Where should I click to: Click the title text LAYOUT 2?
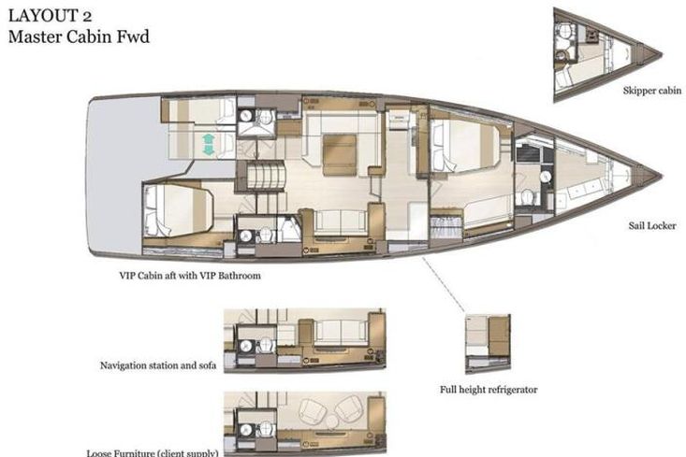pyautogui.click(x=50, y=16)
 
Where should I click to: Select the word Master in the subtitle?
pyautogui.click(x=35, y=36)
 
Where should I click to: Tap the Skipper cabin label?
pyautogui.click(x=652, y=91)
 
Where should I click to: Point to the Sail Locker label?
pyautogui.click(x=652, y=225)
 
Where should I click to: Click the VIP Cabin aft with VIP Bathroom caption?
pyautogui.click(x=190, y=276)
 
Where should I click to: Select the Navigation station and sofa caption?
pyautogui.click(x=158, y=365)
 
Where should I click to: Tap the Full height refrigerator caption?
pyautogui.click(x=489, y=390)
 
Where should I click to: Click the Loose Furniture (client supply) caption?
pyautogui.click(x=153, y=452)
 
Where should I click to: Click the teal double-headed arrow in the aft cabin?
pyautogui.click(x=209, y=145)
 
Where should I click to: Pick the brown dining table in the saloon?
pyautogui.click(x=340, y=155)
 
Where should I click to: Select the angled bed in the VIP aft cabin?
pyautogui.click(x=179, y=210)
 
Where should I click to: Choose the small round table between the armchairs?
pyautogui.click(x=332, y=421)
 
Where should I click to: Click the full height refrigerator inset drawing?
pyautogui.click(x=488, y=343)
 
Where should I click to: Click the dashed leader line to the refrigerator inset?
pyautogui.click(x=444, y=284)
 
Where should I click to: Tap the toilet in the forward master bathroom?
pyautogui.click(x=527, y=197)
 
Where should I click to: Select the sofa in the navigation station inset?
pyautogui.click(x=341, y=331)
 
